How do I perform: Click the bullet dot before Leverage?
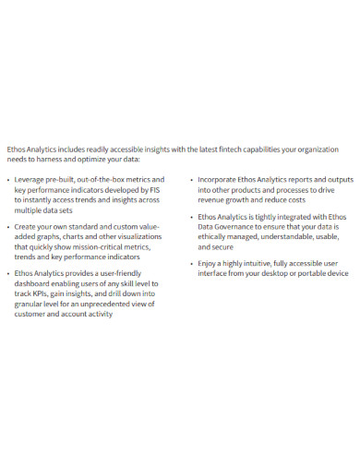tap(8, 179)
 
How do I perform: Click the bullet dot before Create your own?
tap(8, 226)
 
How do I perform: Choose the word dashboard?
tap(35, 284)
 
